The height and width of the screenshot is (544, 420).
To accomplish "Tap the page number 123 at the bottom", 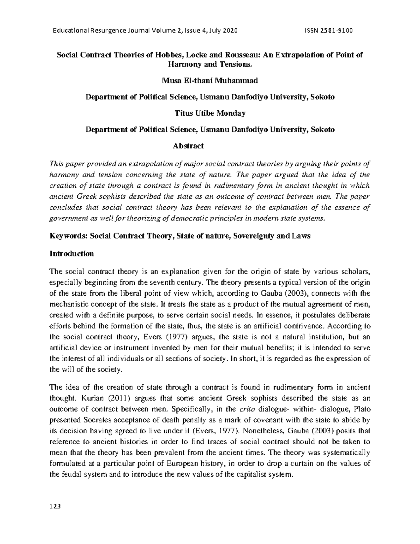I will click(56, 506).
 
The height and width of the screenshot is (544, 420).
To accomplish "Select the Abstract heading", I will click(188, 146).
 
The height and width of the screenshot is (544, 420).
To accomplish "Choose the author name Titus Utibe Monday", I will click(210, 113).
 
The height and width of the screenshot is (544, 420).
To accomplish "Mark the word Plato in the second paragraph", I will click(362, 409).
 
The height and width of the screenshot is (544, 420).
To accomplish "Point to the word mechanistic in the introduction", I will click(68, 304).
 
